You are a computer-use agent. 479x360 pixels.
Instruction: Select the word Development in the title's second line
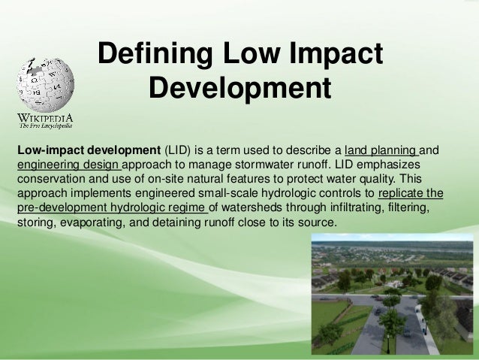pos(239,89)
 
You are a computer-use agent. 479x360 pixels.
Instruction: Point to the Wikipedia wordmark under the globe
pos(47,118)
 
